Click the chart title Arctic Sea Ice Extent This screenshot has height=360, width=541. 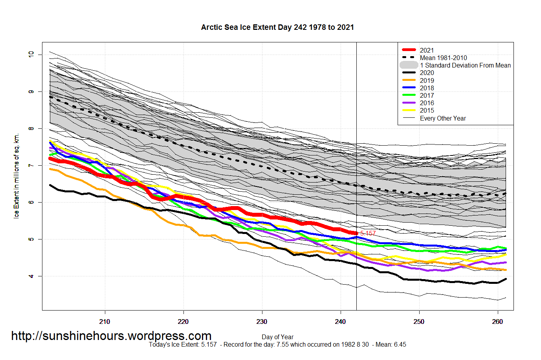coord(277,27)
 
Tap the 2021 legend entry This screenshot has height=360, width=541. coord(427,50)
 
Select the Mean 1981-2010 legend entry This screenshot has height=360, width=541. coord(443,58)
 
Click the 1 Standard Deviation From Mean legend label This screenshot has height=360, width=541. coord(465,65)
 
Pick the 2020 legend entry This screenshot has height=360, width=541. coord(427,73)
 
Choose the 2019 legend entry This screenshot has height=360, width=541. coord(427,80)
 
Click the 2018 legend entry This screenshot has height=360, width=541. coord(427,88)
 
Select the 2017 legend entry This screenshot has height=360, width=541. coord(427,95)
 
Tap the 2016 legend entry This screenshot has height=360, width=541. coord(427,103)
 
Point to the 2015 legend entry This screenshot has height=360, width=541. coord(427,110)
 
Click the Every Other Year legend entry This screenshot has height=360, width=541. coord(443,118)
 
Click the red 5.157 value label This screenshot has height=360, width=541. coord(368,233)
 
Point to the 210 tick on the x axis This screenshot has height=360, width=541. coord(105,322)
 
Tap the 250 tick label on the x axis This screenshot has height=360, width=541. coord(419,322)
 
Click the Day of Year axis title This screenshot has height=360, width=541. coord(277,337)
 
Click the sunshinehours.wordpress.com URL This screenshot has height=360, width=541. coord(111,336)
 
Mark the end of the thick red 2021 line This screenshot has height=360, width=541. coord(356,233)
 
